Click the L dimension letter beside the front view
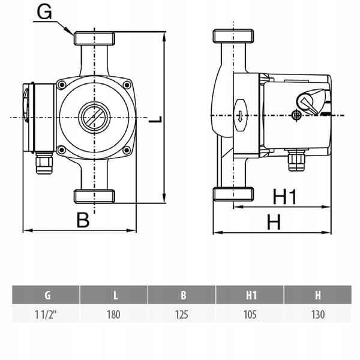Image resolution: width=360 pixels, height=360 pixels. [x=155, y=120]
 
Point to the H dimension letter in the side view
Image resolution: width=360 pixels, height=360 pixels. [x=274, y=222]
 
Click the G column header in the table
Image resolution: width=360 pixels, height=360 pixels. [x=47, y=295]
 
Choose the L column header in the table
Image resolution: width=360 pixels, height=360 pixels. [x=115, y=295]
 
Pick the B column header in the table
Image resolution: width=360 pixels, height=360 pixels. [x=182, y=295]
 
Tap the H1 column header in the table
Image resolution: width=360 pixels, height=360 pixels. [x=251, y=295]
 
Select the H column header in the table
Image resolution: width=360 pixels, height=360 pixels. [x=318, y=295]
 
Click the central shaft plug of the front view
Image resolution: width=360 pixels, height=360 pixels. [x=94, y=115]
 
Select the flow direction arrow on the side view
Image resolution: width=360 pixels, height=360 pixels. [x=239, y=115]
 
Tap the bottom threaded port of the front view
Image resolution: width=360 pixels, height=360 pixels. [x=94, y=196]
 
